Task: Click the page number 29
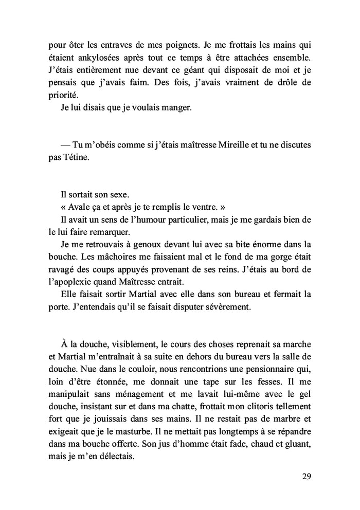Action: (x=307, y=475)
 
